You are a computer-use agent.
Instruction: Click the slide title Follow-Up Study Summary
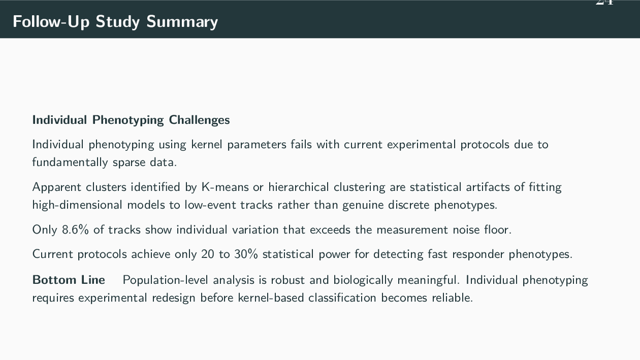[x=115, y=22]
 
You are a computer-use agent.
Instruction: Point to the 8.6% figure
[x=75, y=230]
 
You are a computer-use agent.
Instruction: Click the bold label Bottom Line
[x=69, y=280]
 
